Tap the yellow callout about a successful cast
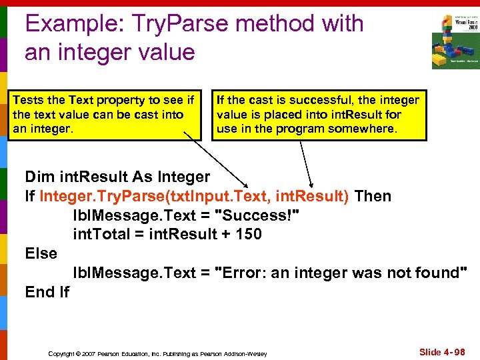point(319,113)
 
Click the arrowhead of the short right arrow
point(311,185)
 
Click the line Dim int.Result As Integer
point(117,177)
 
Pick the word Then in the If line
point(373,197)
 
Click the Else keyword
point(41,254)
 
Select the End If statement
point(47,292)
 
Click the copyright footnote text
point(157,353)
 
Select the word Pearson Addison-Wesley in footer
point(233,353)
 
